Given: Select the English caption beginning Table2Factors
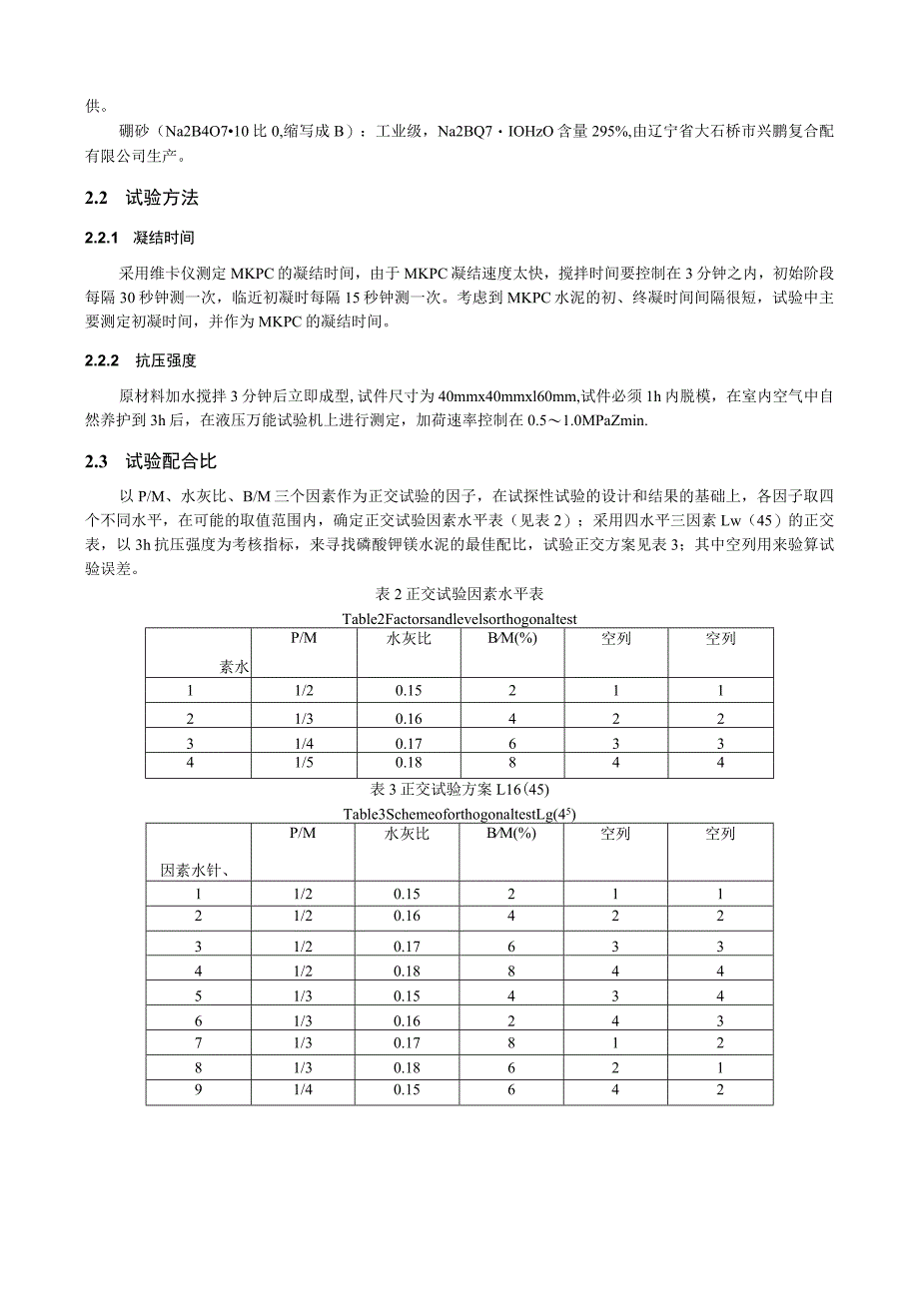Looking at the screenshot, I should [x=459, y=619].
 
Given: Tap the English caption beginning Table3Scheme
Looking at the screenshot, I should [x=459, y=814].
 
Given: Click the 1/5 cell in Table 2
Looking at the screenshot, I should [x=303, y=765].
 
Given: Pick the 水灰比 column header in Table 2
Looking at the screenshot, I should [x=408, y=639].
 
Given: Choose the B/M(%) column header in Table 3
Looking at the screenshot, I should [x=511, y=834].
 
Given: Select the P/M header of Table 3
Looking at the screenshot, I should [x=303, y=834].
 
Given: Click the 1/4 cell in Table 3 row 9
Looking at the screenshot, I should [x=303, y=1090].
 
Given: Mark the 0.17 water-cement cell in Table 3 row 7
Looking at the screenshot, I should [x=408, y=1043].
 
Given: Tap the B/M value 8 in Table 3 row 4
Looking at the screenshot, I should [x=511, y=970].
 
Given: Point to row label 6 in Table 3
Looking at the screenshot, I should [x=199, y=1019].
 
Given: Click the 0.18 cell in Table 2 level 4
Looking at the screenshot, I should [x=408, y=765].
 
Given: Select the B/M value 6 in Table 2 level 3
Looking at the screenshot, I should [x=511, y=743].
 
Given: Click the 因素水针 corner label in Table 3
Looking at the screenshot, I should [x=197, y=870].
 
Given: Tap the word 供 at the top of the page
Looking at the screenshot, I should [x=92, y=104].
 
